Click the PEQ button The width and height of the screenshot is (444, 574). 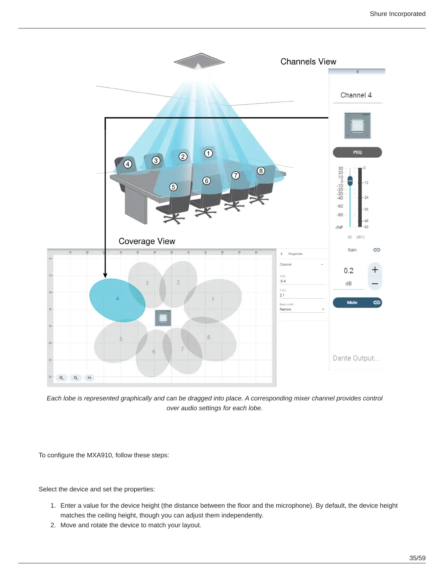point(357,152)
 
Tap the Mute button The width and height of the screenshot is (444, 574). point(352,303)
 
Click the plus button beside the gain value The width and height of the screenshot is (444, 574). point(375,270)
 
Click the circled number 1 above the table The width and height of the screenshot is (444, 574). point(208,153)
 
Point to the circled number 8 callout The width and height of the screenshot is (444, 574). point(260,171)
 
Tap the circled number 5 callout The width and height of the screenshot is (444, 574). point(173,187)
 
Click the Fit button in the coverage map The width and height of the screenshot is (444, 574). point(89,378)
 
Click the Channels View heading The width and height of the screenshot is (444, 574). point(308,62)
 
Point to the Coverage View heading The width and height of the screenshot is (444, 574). point(147,241)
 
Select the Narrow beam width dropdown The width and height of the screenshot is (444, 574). point(302,309)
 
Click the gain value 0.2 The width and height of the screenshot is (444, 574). point(349,271)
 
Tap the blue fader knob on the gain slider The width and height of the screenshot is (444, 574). point(350,180)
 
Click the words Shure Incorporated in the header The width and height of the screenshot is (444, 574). point(398,14)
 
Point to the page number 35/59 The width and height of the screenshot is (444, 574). point(417,558)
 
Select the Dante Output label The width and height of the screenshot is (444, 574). point(356,358)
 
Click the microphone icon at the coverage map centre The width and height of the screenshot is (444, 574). point(163,318)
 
